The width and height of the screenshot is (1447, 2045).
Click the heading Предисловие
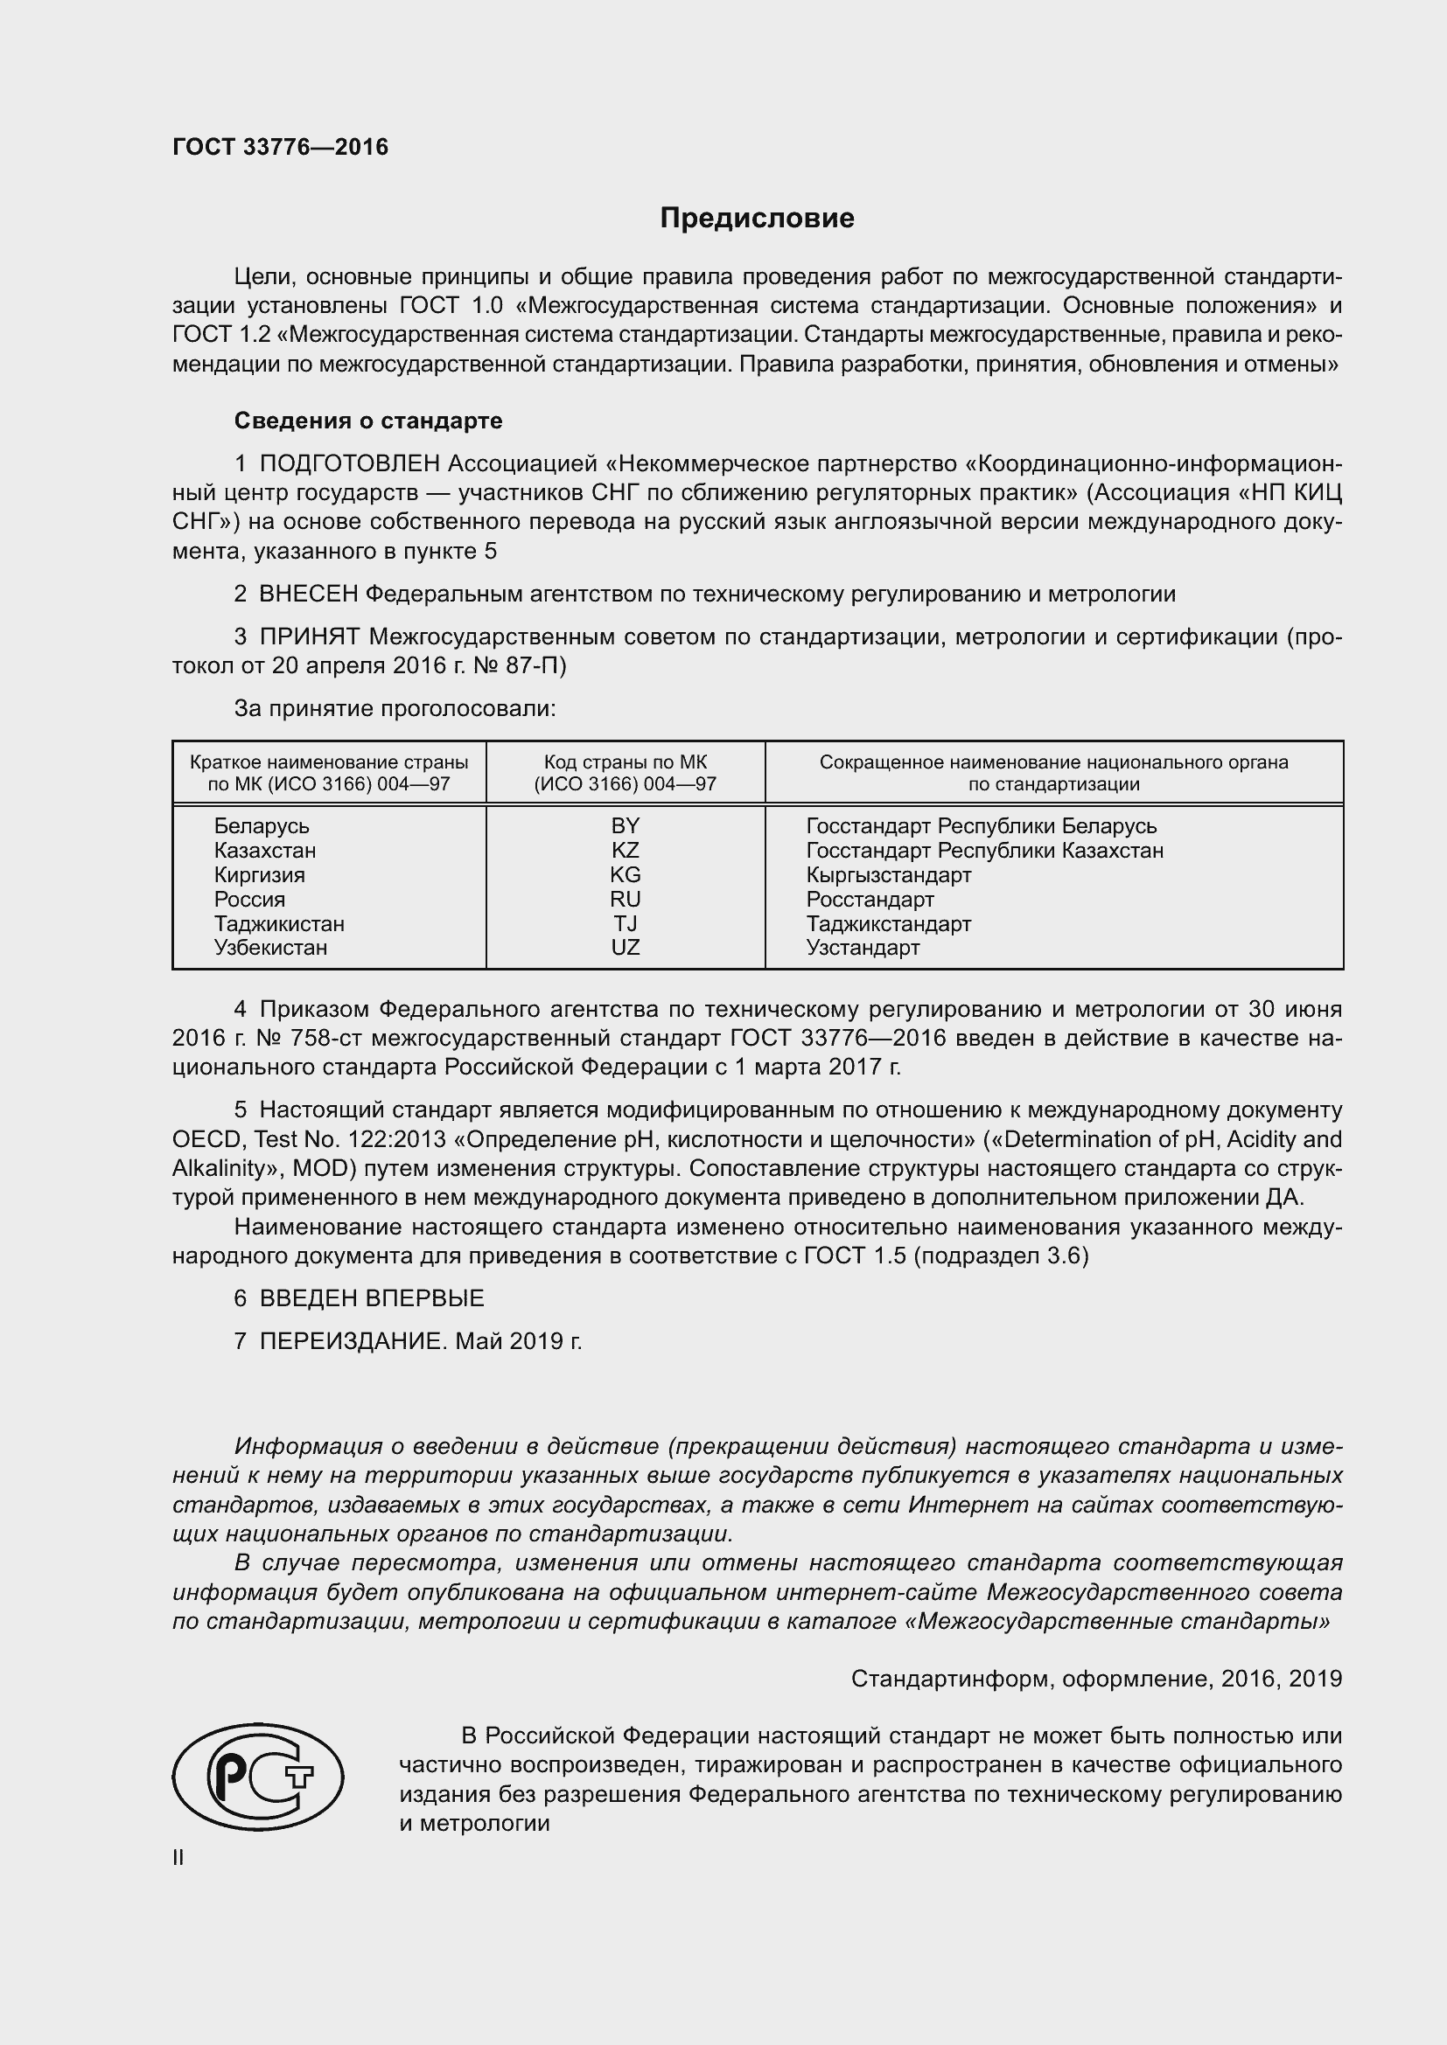(x=757, y=219)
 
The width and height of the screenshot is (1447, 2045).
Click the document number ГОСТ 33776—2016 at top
(x=280, y=148)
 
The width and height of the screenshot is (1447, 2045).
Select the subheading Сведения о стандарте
(x=368, y=421)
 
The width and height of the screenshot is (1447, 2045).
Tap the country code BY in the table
(x=626, y=825)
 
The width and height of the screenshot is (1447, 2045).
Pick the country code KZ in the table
(x=626, y=850)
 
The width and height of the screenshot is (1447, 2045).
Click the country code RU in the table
(x=626, y=899)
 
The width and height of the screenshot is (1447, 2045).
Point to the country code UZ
(x=626, y=948)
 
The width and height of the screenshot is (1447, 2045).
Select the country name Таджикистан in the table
(x=279, y=923)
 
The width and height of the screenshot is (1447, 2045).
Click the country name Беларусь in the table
(x=261, y=825)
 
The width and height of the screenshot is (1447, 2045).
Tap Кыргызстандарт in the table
(x=888, y=874)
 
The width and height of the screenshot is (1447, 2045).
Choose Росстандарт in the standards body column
(x=870, y=899)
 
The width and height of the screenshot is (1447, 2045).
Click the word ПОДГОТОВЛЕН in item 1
(x=349, y=464)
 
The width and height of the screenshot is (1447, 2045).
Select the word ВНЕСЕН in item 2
(x=308, y=594)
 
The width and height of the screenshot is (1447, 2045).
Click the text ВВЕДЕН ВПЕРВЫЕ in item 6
(x=372, y=1298)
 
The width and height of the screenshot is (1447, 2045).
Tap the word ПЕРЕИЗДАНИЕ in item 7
(x=351, y=1341)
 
